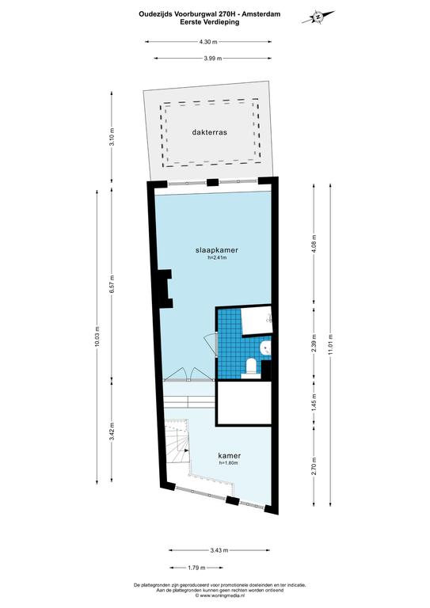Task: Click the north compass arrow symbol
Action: [318, 17]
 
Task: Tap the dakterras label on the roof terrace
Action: [209, 132]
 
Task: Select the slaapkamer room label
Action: [217, 250]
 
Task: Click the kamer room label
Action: [229, 456]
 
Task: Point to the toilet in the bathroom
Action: [251, 367]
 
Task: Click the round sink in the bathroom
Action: [265, 348]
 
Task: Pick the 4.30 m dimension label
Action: [208, 42]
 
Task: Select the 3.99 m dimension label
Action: [212, 59]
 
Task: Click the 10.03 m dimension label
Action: [97, 337]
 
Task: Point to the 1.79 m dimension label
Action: [196, 568]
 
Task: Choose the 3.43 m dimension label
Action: [219, 550]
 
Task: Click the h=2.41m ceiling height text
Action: [217, 257]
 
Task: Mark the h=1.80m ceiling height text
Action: [228, 462]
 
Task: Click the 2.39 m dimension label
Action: [314, 343]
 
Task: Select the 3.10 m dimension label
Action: [112, 136]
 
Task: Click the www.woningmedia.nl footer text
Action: [221, 595]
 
